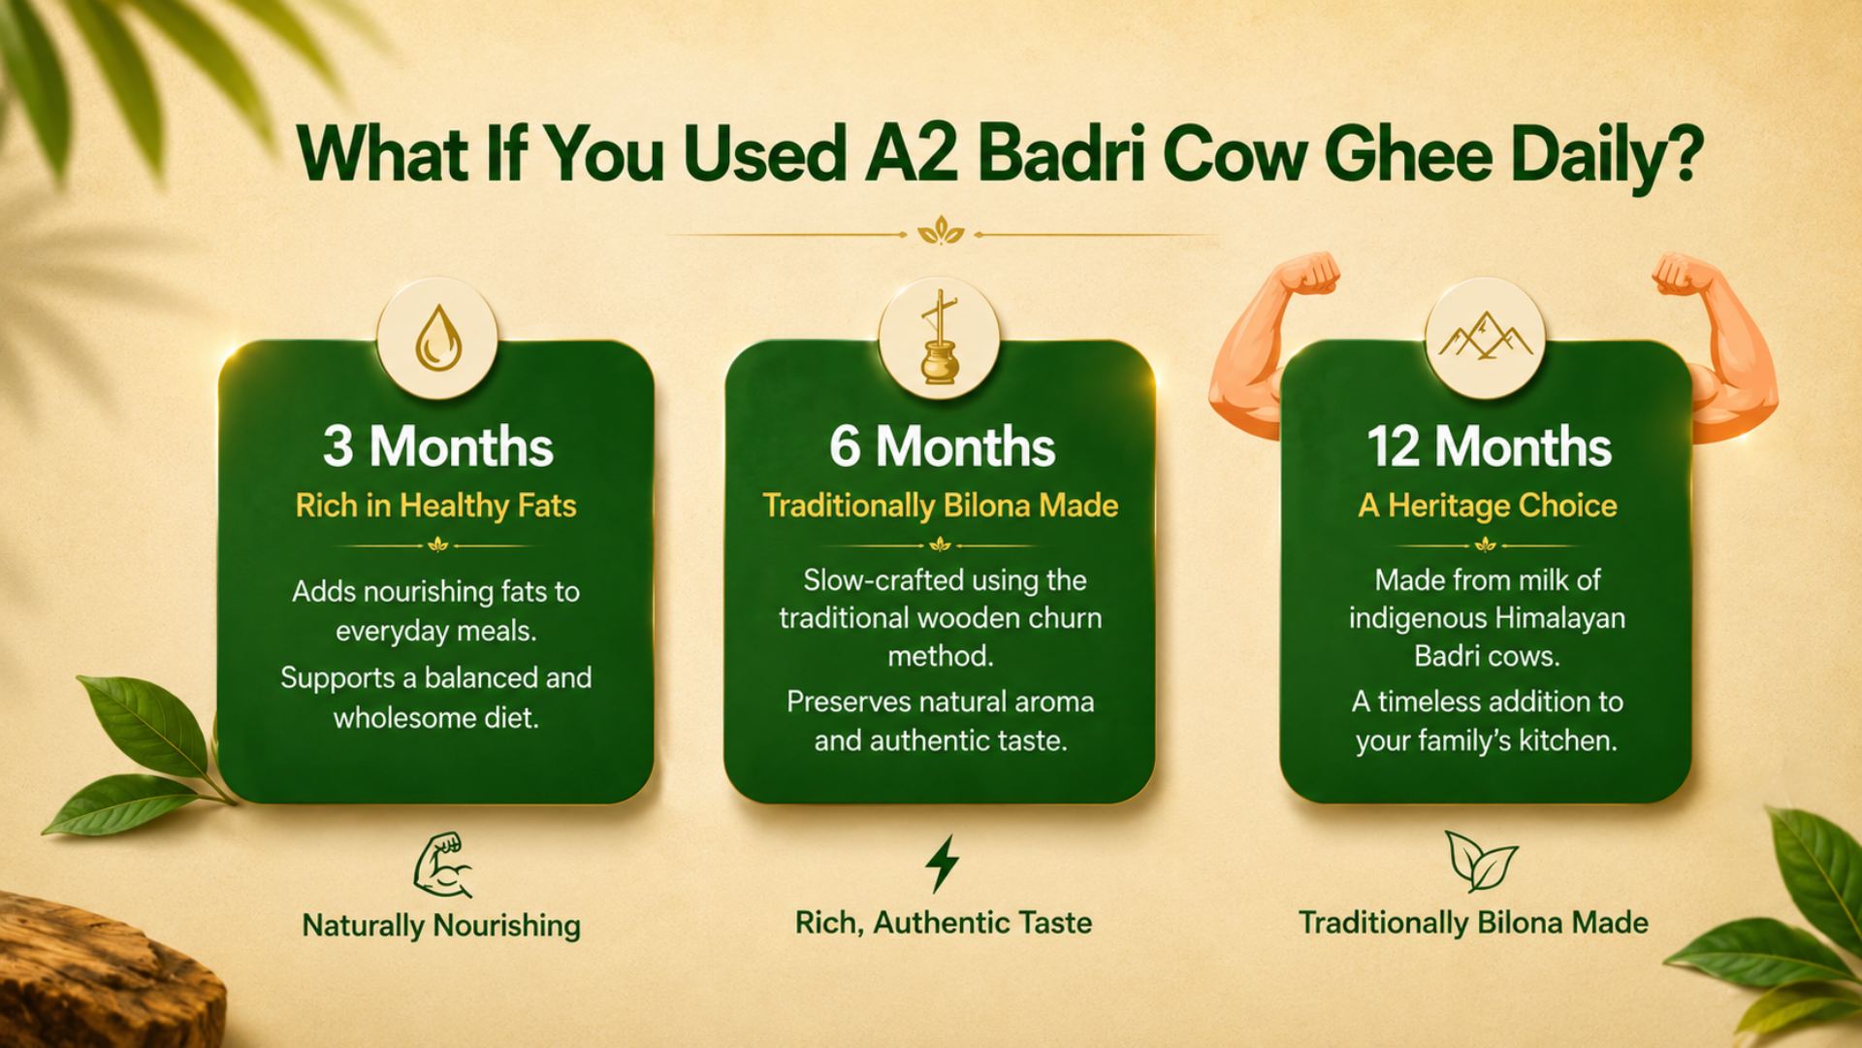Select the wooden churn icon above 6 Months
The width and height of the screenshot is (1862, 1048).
pyautogui.click(x=939, y=337)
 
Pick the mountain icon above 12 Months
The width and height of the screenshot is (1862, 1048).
pyautogui.click(x=1485, y=336)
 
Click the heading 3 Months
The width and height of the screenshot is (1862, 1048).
pyautogui.click(x=438, y=446)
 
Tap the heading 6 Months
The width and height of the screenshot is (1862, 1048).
pyautogui.click(x=942, y=446)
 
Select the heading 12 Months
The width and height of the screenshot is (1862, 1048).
pyautogui.click(x=1489, y=446)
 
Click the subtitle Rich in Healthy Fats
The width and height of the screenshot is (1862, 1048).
pyautogui.click(x=436, y=506)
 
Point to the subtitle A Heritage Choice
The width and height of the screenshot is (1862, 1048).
pyautogui.click(x=1488, y=506)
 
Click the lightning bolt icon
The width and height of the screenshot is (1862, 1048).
pyautogui.click(x=942, y=863)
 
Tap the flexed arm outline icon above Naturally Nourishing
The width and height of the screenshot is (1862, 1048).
pyautogui.click(x=443, y=865)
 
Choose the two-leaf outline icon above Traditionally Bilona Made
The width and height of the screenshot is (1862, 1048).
pyautogui.click(x=1480, y=861)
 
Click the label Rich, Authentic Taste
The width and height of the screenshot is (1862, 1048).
pyautogui.click(x=944, y=922)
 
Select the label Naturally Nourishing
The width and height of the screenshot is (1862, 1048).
pyautogui.click(x=441, y=925)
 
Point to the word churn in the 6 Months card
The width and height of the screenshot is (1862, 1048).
pyautogui.click(x=1066, y=618)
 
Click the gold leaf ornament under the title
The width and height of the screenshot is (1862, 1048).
pyautogui.click(x=941, y=232)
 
